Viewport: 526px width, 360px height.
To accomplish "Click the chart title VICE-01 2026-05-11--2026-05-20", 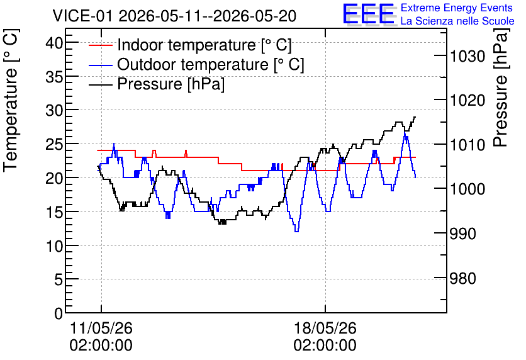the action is [x=174, y=16].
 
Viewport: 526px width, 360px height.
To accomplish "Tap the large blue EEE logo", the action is [x=369, y=14].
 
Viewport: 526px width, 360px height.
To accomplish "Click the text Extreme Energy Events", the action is [x=457, y=8].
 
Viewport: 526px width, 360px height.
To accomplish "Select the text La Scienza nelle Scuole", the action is [x=457, y=21].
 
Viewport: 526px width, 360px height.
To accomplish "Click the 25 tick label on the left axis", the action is [x=54, y=144].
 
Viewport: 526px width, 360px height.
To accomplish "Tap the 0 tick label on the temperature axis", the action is [x=59, y=313].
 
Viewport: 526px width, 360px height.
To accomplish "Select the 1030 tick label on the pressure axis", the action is [x=467, y=56].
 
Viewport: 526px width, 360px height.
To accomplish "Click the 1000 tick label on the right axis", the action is [x=467, y=189].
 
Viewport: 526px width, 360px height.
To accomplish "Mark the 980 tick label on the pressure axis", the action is [x=463, y=278].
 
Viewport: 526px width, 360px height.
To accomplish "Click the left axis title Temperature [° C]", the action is [x=11, y=100].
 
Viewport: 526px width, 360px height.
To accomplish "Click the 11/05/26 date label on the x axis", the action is [x=101, y=328].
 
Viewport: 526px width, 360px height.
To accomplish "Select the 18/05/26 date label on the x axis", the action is [x=325, y=328].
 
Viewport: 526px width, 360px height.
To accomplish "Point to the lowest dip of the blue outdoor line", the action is [x=296, y=232].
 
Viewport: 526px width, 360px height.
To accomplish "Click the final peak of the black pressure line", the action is [x=415, y=117].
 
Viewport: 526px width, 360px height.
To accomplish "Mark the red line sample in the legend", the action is [x=101, y=45].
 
